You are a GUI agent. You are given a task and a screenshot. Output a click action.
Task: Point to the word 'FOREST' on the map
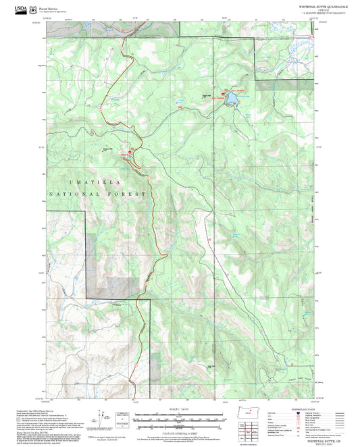tap(132, 194)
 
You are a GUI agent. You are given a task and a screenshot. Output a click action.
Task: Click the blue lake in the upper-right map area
tap(232, 101)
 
